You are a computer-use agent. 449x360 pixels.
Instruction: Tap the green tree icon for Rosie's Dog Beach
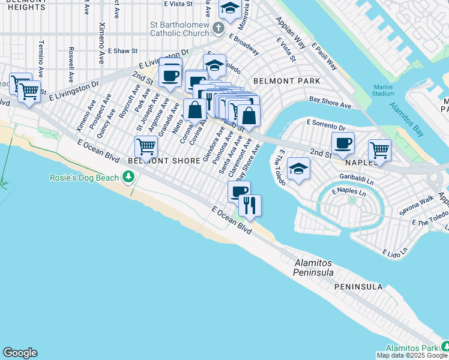[x=128, y=177]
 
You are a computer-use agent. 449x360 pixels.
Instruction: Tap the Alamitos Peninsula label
[x=313, y=268]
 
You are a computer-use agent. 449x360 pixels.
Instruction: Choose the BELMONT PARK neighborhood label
[x=286, y=80]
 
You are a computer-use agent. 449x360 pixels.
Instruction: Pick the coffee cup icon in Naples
[x=343, y=143]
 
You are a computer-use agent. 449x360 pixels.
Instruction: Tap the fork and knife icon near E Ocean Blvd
[x=250, y=205]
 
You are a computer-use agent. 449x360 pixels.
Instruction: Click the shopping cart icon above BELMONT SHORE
[x=146, y=146]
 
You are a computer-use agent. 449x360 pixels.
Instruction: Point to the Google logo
[x=20, y=353]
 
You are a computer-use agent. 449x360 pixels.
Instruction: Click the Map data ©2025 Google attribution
[x=412, y=355]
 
